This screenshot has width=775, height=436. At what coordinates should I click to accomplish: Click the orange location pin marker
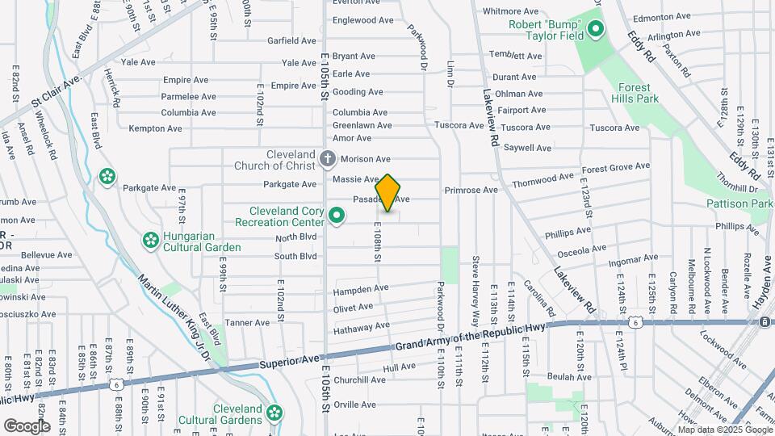(x=388, y=193)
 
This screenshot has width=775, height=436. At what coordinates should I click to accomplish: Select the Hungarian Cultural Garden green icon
(x=150, y=240)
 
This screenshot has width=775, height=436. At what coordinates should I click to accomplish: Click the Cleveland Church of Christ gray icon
(x=328, y=158)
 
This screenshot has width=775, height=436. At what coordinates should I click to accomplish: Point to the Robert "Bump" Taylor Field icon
(x=596, y=31)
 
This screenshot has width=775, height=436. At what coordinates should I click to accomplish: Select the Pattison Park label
(x=739, y=204)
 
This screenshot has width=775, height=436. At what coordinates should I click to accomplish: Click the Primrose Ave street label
(x=471, y=191)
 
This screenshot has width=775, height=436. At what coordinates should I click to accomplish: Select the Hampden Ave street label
(x=361, y=288)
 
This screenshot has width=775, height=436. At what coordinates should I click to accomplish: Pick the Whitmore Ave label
(x=510, y=11)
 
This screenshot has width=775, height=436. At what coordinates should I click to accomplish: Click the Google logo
(x=27, y=426)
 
